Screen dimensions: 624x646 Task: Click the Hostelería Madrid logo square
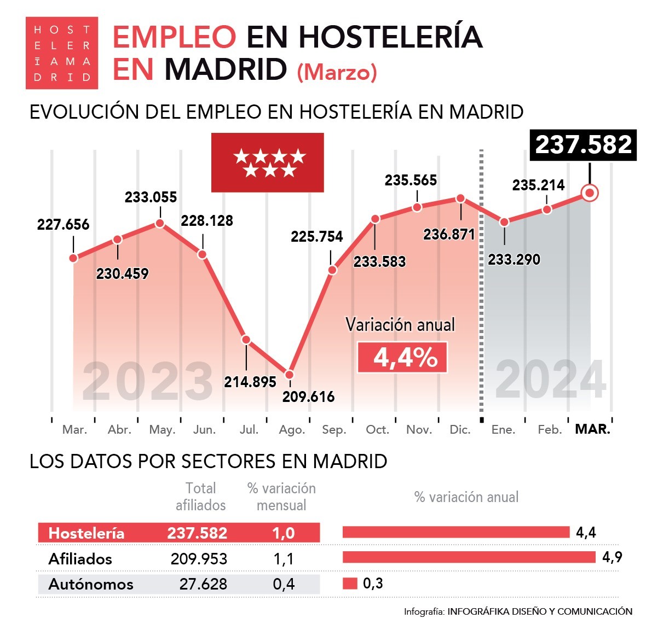[62, 53]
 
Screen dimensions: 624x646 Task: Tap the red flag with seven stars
[268, 162]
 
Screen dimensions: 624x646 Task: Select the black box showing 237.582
[583, 145]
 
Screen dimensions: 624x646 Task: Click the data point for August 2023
[289, 375]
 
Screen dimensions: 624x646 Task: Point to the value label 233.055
[151, 197]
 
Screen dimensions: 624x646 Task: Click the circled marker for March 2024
[590, 193]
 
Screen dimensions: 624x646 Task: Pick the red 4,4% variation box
[402, 358]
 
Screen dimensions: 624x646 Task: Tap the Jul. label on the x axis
[249, 430]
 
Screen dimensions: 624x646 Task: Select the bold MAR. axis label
[592, 429]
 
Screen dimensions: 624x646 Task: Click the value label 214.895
[250, 382]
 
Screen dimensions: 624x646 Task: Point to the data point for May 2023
[160, 223]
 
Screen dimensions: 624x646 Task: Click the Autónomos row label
[91, 584]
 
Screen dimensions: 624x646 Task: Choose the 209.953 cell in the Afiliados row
[199, 558]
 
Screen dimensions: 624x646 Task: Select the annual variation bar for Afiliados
[469, 557]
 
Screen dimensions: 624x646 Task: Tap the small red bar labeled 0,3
[350, 584]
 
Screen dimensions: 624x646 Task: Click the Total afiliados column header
[200, 497]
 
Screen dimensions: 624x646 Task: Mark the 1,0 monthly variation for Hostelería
[284, 533]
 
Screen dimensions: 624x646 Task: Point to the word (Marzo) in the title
[337, 72]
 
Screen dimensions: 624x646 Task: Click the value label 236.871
[449, 234]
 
